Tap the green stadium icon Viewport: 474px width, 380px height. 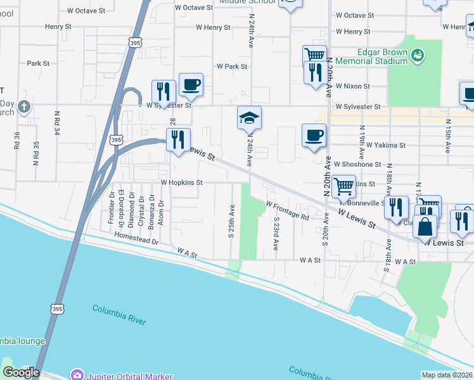[x=417, y=56]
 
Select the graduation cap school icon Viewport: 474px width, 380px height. [x=250, y=117]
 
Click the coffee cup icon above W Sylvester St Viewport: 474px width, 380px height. [x=191, y=84]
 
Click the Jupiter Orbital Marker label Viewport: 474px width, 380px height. [x=130, y=376]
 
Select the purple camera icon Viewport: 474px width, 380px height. [x=77, y=376]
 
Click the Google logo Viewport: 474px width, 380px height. [x=20, y=373]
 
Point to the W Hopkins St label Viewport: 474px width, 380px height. [x=181, y=182]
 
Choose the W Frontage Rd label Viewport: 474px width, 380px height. [x=287, y=211]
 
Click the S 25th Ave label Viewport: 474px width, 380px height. [x=232, y=221]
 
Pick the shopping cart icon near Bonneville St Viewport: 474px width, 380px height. [x=343, y=186]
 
